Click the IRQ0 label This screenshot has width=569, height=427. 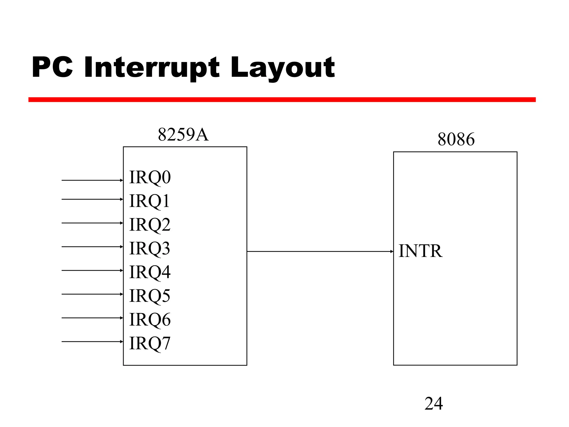(x=150, y=177)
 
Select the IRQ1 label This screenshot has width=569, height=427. (x=149, y=201)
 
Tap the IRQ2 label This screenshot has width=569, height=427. (x=150, y=224)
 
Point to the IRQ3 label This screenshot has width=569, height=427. (x=149, y=248)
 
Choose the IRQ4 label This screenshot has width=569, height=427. (x=150, y=272)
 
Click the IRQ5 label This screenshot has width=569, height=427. (x=149, y=296)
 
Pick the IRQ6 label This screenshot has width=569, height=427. (x=150, y=319)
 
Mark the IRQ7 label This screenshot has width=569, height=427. (x=149, y=343)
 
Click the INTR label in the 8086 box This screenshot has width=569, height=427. (x=420, y=251)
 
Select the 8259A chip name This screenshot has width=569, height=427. (x=183, y=135)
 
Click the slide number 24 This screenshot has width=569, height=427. (x=433, y=403)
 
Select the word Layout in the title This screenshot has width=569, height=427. (x=283, y=67)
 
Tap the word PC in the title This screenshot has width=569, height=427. (x=52, y=67)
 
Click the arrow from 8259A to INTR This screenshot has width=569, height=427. (x=320, y=251)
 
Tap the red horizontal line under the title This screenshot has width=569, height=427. (x=282, y=100)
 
